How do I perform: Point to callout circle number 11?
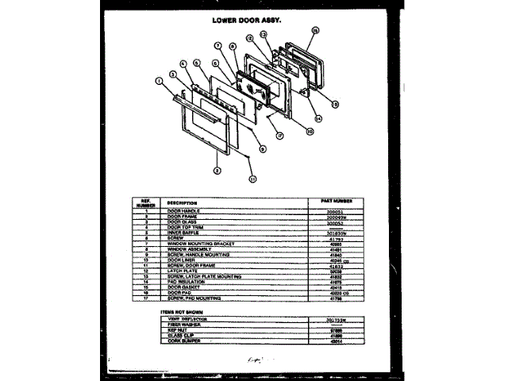[x=253, y=179]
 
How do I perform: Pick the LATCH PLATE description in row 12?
[x=182, y=271]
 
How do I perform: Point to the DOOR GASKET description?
[x=183, y=287]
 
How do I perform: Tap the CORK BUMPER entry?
[x=183, y=341]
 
